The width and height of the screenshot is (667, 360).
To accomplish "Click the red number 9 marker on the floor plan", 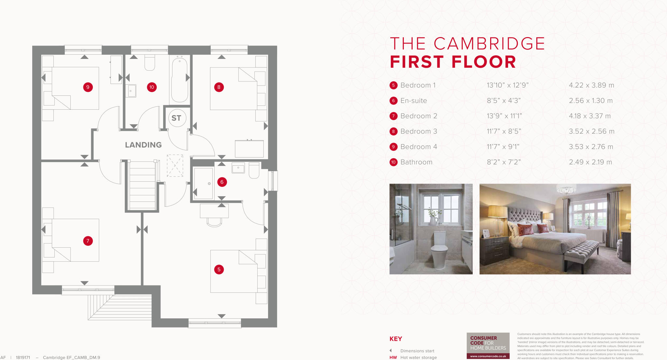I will click(x=88, y=87).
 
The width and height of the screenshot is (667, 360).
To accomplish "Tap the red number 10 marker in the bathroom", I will click(x=151, y=87).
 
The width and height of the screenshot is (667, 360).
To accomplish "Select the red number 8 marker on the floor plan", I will click(x=219, y=87).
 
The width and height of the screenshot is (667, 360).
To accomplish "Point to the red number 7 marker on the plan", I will click(x=88, y=241).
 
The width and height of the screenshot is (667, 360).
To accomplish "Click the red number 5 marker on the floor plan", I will click(x=219, y=270).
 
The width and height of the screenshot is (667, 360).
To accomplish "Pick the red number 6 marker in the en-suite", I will click(x=222, y=182).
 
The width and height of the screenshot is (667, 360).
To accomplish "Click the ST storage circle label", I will click(x=176, y=118).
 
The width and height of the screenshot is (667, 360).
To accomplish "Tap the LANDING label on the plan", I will click(x=143, y=145).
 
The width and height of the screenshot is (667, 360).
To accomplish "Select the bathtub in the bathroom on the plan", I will click(x=179, y=79).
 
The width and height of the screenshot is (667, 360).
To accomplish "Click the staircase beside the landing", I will click(x=142, y=186).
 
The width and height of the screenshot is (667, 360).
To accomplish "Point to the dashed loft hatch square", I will click(x=175, y=166).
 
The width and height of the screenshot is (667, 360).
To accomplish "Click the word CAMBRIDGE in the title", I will click(x=489, y=44).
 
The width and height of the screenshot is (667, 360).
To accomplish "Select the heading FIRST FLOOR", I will click(x=453, y=62).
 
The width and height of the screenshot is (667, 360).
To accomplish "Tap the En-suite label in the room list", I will click(x=414, y=101).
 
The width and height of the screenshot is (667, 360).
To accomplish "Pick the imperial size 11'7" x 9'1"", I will click(x=503, y=147).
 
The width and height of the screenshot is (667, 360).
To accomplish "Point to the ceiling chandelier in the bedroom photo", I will click(x=566, y=189).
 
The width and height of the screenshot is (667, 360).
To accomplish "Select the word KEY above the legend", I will click(x=396, y=339).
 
